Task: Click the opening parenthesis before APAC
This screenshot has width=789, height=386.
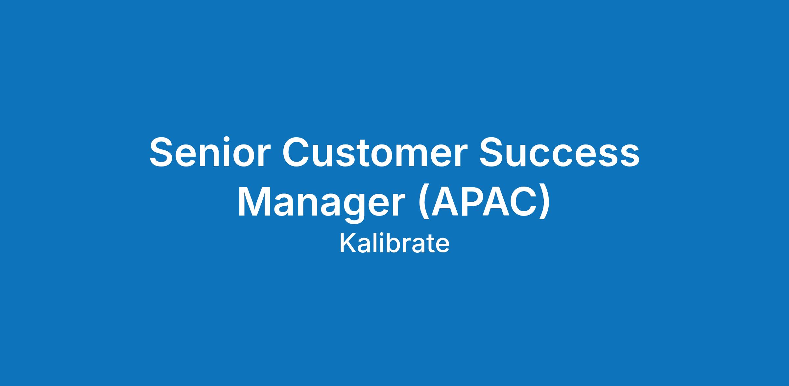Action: [423, 203]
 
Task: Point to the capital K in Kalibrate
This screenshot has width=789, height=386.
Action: [348, 244]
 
